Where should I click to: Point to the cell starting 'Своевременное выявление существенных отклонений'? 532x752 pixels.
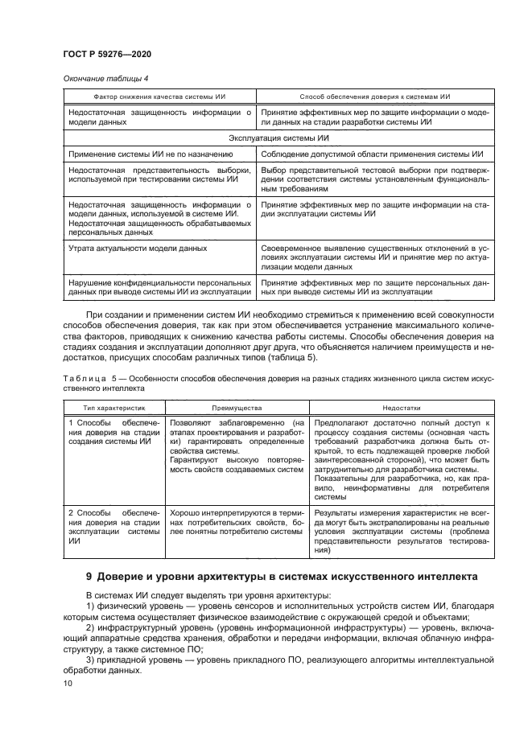point(374,257)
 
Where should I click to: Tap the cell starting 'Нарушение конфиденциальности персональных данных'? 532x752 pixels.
point(159,287)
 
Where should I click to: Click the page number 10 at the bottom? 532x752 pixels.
point(68,683)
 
